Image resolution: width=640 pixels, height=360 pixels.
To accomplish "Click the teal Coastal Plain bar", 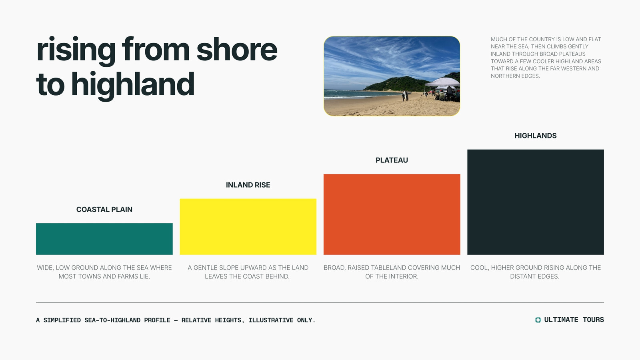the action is click(x=104, y=239).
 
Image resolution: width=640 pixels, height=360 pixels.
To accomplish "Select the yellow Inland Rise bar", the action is click(x=248, y=226).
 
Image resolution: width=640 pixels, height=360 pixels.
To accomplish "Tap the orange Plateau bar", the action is click(x=392, y=214).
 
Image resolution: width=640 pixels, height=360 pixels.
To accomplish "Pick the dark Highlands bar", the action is click(x=536, y=202).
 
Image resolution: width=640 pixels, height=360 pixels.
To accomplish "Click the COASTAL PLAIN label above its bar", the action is click(x=104, y=210).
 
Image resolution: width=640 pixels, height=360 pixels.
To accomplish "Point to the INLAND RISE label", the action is click(x=248, y=185).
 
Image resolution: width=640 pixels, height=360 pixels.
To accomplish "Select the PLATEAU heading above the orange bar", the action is click(x=392, y=160).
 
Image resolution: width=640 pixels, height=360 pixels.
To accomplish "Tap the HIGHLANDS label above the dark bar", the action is click(x=536, y=136).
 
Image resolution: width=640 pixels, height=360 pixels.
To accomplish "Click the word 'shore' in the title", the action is click(x=237, y=50).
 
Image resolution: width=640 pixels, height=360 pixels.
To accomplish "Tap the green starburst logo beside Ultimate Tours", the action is click(x=538, y=320).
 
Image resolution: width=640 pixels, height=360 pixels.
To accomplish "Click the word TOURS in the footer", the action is click(x=593, y=320).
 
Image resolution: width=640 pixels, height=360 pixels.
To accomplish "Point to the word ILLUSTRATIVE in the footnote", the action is click(x=271, y=320).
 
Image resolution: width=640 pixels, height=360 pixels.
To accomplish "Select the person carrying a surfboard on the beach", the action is click(x=405, y=96).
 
